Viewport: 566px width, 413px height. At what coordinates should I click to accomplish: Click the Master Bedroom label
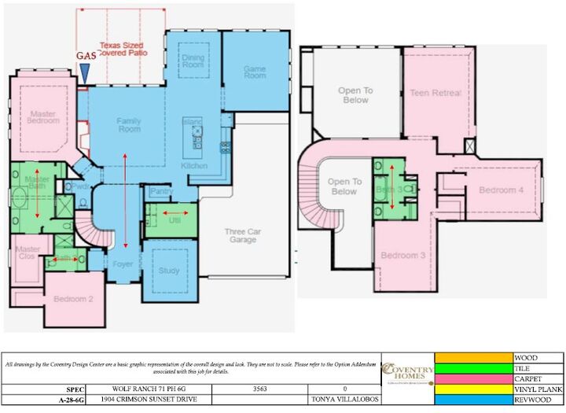point(42,116)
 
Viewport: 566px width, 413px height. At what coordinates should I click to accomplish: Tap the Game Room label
point(255,72)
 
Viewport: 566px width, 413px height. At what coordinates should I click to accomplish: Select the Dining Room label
point(193,62)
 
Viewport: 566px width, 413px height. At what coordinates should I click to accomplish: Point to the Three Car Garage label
point(243,235)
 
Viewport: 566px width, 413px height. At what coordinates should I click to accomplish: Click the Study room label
point(169,270)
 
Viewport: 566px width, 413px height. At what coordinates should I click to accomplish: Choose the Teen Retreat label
point(436,93)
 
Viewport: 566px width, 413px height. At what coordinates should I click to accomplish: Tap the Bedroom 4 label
point(501,190)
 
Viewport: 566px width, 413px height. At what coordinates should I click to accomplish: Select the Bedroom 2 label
point(73,299)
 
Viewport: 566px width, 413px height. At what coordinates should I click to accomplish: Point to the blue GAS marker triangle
point(84,72)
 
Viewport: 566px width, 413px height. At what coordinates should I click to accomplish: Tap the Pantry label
point(161,191)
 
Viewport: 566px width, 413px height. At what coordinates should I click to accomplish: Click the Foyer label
point(123,264)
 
